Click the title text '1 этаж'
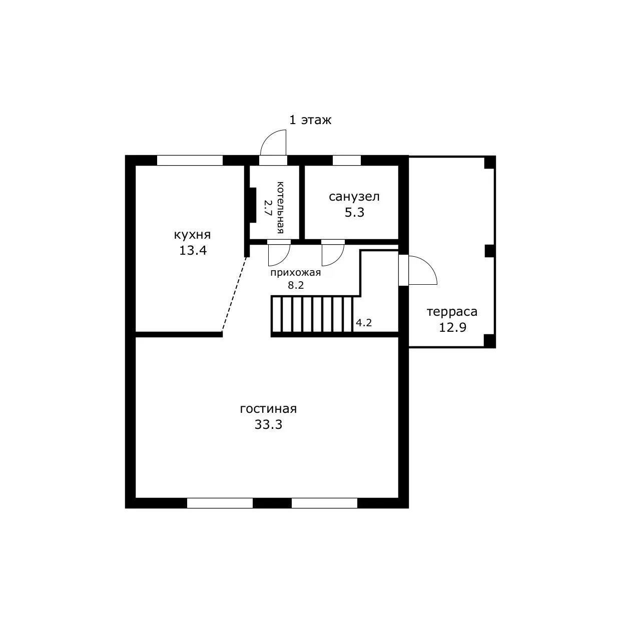click(310, 121)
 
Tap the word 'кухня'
click(193, 235)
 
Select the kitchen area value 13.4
click(193, 251)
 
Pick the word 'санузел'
click(354, 197)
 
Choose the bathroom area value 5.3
click(355, 212)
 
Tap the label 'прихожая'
click(295, 273)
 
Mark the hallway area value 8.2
click(296, 285)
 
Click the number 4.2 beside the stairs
click(364, 322)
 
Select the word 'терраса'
click(452, 312)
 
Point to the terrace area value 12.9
click(452, 328)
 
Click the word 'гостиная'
click(268, 409)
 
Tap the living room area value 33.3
click(268, 424)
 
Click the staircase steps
click(312, 314)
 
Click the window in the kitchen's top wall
click(190, 161)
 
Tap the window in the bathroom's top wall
click(346, 161)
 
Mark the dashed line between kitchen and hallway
click(235, 294)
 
